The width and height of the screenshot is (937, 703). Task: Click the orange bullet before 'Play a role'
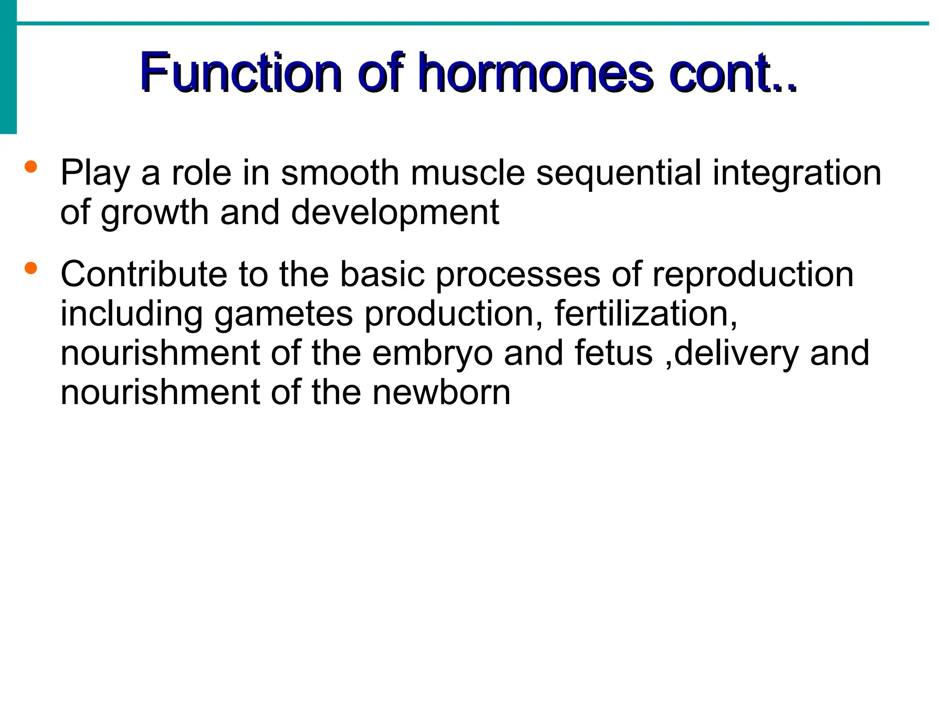point(31,167)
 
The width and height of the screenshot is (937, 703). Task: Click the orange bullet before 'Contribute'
point(31,268)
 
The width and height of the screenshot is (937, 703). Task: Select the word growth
point(155,213)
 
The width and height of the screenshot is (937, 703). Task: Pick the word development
point(395,213)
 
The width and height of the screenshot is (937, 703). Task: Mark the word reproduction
point(753,275)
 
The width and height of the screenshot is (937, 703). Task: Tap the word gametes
point(284,314)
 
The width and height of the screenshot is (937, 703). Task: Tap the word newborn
point(441,392)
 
